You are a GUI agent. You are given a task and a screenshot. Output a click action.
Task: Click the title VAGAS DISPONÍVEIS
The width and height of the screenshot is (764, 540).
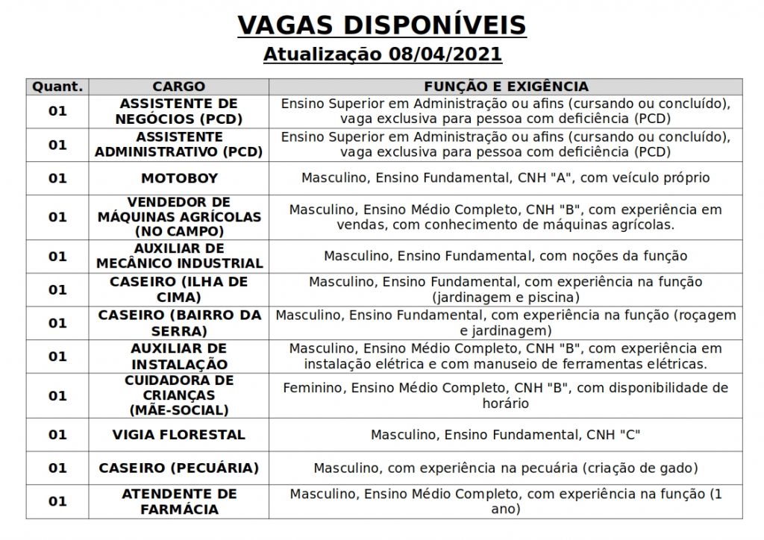pyautogui.click(x=381, y=25)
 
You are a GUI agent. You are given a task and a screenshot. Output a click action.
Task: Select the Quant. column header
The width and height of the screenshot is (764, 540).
pyautogui.click(x=57, y=87)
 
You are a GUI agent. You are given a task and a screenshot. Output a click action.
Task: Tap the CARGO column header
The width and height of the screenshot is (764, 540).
pyautogui.click(x=178, y=87)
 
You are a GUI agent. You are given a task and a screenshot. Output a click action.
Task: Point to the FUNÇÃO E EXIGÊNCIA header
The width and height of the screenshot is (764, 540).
pyautogui.click(x=506, y=87)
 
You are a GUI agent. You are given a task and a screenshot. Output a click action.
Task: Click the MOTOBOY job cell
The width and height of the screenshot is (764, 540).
pyautogui.click(x=179, y=178)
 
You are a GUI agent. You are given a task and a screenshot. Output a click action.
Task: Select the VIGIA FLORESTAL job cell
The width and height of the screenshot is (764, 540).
pyautogui.click(x=179, y=434)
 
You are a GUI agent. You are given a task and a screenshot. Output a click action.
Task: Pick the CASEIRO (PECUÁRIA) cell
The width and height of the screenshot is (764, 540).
pyautogui.click(x=179, y=468)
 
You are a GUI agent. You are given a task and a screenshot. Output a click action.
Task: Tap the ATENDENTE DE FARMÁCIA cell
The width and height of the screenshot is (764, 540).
pyautogui.click(x=179, y=501)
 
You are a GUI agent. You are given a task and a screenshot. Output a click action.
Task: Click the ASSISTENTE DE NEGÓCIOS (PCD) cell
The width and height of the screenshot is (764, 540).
pyautogui.click(x=179, y=110)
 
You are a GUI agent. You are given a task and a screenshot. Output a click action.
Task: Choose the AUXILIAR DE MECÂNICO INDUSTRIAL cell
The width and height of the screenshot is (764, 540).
pyautogui.click(x=179, y=256)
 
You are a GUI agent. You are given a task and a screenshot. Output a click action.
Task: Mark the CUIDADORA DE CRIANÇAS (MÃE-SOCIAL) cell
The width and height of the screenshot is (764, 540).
pyautogui.click(x=179, y=395)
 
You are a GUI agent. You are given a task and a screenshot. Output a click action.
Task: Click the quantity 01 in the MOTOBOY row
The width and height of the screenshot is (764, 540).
pyautogui.click(x=57, y=178)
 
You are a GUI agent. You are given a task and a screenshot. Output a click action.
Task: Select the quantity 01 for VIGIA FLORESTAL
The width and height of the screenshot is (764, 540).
pyautogui.click(x=57, y=434)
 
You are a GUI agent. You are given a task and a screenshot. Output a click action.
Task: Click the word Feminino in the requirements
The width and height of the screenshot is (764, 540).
pyautogui.click(x=313, y=388)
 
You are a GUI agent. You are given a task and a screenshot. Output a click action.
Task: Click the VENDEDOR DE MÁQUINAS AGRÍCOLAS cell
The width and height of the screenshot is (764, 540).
pyautogui.click(x=179, y=216)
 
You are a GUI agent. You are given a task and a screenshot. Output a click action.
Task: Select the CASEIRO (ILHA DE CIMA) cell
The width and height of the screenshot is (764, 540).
pyautogui.click(x=179, y=289)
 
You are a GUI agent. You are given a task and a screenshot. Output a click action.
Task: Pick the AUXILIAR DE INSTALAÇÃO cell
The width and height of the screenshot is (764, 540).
pyautogui.click(x=179, y=357)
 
